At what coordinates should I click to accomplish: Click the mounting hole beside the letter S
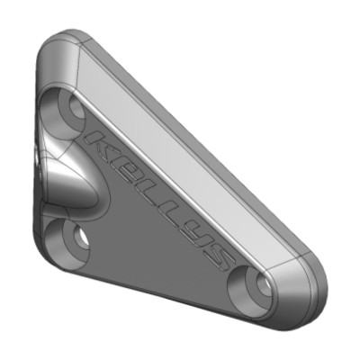click(x=255, y=286)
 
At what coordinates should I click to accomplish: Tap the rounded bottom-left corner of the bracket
click(x=49, y=256)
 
